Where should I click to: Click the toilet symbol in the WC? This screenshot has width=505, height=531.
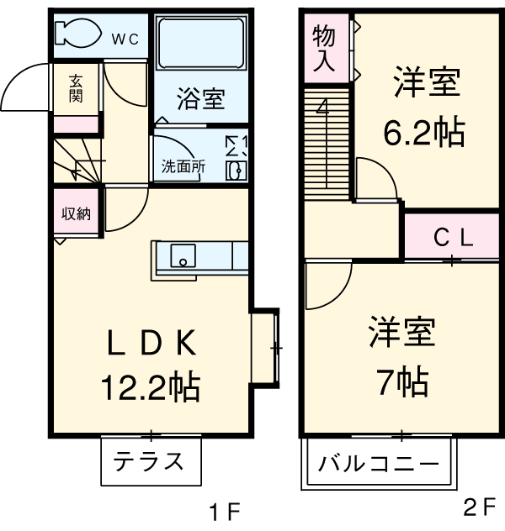click(75, 34)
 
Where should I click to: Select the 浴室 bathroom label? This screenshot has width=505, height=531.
click(200, 99)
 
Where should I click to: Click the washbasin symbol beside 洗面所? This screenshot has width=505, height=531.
click(236, 171)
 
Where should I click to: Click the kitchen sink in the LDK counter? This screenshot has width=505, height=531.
click(183, 255)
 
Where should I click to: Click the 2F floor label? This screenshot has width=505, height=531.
click(479, 507)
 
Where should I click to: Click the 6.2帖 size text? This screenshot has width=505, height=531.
click(425, 132)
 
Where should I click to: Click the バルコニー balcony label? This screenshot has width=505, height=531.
click(379, 464)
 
